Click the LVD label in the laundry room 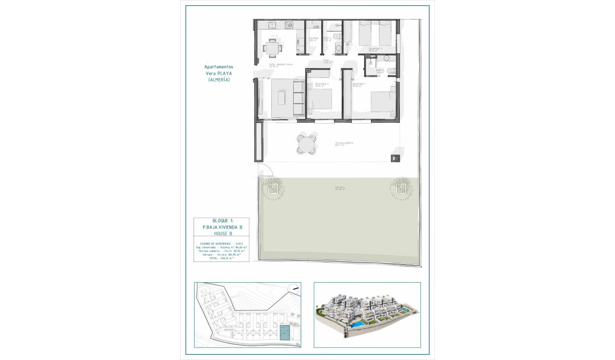pos(316,27)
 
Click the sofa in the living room pos(298,98)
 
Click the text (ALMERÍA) pos(219,80)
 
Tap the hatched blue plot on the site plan pos(284,332)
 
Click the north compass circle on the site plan pos(295,288)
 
